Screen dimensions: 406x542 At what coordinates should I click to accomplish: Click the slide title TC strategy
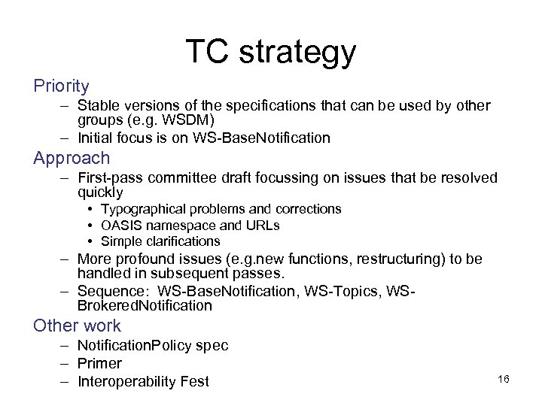(x=270, y=52)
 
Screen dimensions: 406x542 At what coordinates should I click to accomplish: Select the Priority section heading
(x=61, y=86)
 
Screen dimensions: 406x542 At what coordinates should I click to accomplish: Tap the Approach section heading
(x=72, y=159)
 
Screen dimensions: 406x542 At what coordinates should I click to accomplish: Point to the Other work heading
(x=77, y=326)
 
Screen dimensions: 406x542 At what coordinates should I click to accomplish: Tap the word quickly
(x=100, y=193)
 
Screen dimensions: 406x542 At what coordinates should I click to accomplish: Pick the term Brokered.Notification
(x=145, y=306)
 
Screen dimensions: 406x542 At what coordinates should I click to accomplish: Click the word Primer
(x=99, y=363)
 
